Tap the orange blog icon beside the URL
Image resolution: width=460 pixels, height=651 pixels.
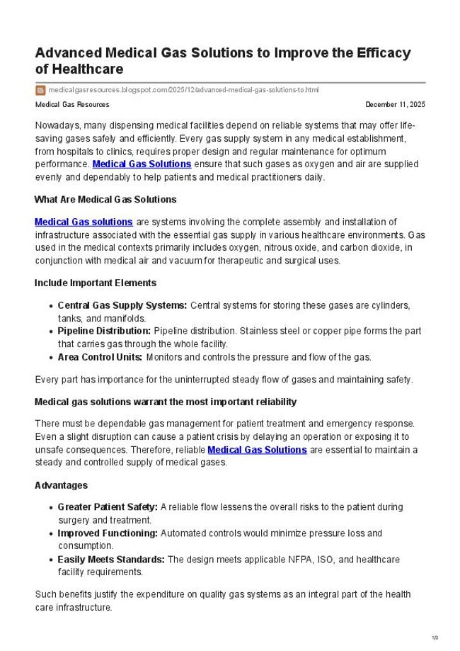[x=40, y=90]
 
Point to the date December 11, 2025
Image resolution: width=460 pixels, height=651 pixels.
[x=395, y=105]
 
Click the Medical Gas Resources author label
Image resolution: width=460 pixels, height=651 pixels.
[x=72, y=105]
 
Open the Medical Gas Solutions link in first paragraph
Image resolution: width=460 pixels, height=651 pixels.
[x=142, y=164]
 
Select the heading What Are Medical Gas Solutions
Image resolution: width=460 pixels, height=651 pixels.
[x=105, y=199]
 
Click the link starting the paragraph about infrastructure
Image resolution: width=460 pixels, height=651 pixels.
[x=84, y=222]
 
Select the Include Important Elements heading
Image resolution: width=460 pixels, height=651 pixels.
[x=96, y=283]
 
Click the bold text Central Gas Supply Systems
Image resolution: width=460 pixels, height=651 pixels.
[x=122, y=305]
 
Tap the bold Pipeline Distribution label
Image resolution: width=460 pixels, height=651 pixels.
[x=104, y=331]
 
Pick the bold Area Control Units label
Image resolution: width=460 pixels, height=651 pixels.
[x=100, y=356]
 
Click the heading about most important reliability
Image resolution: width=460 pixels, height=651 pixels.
[x=166, y=402]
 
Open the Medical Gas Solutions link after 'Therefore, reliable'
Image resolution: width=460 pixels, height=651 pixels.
[x=257, y=450]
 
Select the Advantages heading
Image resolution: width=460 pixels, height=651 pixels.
[x=61, y=485]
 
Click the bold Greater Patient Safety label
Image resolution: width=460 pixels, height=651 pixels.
[x=108, y=508]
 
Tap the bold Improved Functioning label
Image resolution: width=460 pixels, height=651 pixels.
[x=108, y=533]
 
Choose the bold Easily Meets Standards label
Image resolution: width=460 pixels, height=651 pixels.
[x=111, y=560]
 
